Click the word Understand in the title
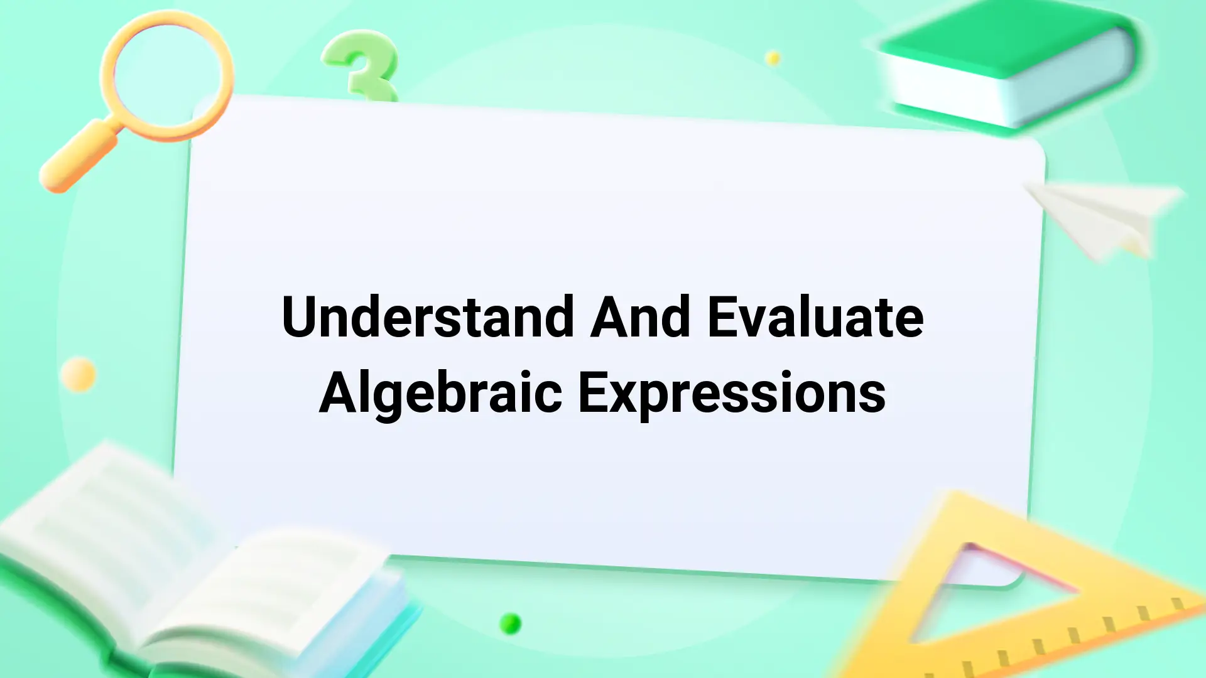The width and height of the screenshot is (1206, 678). tap(427, 316)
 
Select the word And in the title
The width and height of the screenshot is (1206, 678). tap(641, 316)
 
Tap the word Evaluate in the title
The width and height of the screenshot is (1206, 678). tap(815, 316)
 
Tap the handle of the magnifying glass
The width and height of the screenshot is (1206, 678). tap(79, 157)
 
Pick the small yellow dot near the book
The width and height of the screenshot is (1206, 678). tap(773, 58)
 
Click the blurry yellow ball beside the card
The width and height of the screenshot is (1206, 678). tap(79, 375)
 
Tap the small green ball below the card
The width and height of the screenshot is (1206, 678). tap(511, 623)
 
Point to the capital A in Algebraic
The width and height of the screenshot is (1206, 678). tap(339, 392)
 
